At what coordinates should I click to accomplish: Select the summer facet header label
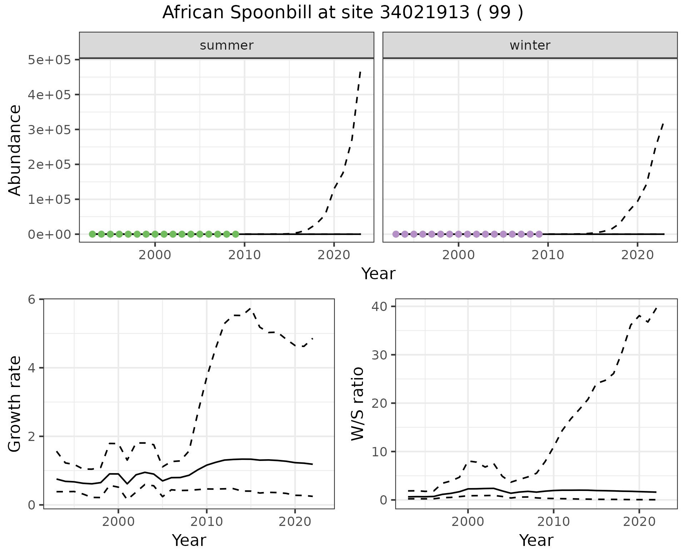tap(227, 45)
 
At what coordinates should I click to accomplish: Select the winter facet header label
tap(530, 45)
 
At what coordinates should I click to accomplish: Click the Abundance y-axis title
tap(15, 150)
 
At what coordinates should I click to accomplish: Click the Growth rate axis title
tap(15, 404)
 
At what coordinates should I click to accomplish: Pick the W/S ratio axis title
tap(357, 404)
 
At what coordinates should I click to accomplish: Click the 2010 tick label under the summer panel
tap(244, 255)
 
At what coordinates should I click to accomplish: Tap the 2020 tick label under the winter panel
tap(637, 255)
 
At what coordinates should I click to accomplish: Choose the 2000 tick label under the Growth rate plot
tap(118, 522)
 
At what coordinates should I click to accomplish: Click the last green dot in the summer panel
tap(235, 234)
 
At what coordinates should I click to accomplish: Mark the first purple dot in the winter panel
tap(396, 234)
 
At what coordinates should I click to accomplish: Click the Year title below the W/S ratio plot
tap(536, 540)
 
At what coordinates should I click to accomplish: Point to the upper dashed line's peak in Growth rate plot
tap(250, 308)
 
